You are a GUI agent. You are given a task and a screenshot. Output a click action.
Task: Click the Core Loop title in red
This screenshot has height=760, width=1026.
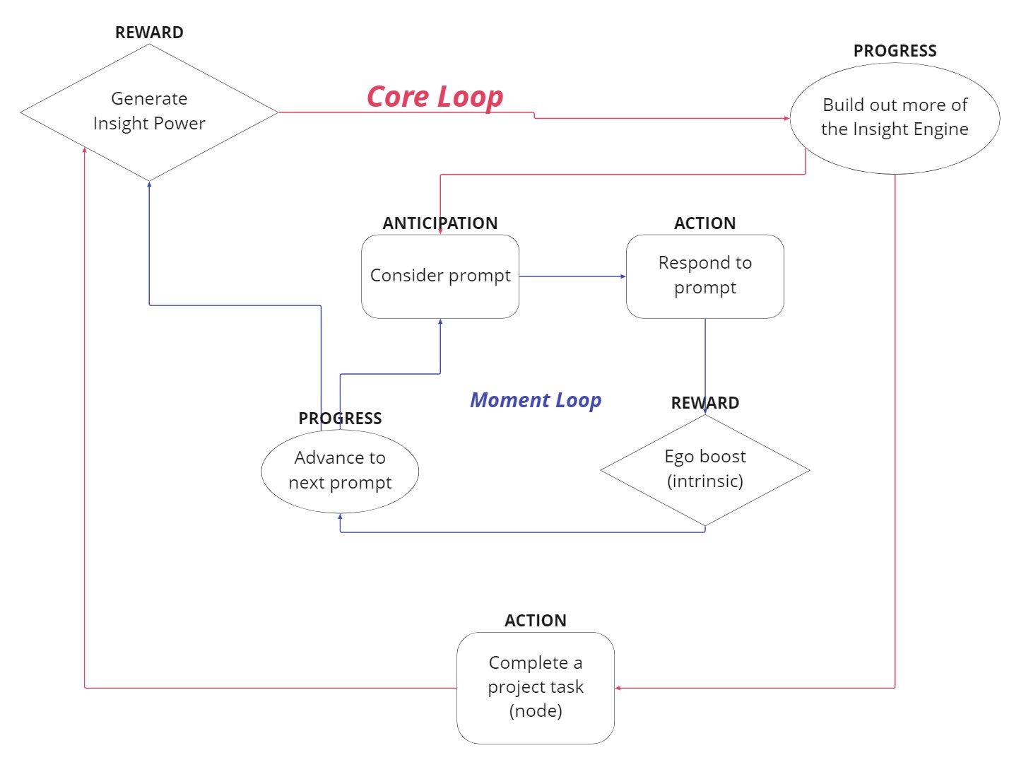click(435, 97)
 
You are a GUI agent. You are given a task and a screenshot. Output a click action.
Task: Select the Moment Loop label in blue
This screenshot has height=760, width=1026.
click(536, 400)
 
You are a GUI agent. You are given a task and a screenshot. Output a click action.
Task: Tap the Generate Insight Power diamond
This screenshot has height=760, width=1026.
click(149, 112)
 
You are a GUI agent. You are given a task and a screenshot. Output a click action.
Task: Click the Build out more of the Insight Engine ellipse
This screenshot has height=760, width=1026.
click(895, 117)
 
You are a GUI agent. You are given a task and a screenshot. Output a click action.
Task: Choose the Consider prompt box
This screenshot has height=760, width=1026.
click(440, 276)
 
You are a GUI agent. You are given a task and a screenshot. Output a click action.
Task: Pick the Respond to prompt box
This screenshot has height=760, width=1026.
click(704, 276)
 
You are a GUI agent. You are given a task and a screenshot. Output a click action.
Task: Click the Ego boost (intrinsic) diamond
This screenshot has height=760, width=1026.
click(704, 469)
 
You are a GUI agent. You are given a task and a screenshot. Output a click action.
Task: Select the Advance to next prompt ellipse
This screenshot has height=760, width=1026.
click(340, 470)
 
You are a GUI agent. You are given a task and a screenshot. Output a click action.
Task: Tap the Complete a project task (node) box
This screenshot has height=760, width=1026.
click(535, 687)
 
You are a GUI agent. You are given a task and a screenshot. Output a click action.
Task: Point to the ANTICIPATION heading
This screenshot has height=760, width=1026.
click(440, 223)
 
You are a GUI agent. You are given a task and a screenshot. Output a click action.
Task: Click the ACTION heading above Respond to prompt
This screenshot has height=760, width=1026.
click(704, 223)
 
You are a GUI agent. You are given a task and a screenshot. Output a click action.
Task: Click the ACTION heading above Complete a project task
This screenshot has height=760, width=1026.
click(535, 621)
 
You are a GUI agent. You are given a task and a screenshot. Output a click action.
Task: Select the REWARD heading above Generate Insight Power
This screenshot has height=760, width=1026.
click(149, 33)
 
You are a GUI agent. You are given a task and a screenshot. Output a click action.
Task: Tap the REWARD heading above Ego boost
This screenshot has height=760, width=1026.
click(704, 403)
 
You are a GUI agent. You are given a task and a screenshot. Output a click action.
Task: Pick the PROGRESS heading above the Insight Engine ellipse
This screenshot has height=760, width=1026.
click(895, 51)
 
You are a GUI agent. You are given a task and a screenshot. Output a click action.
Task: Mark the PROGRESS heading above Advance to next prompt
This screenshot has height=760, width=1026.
click(340, 419)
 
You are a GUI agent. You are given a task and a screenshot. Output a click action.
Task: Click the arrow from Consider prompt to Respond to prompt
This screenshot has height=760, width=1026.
click(572, 276)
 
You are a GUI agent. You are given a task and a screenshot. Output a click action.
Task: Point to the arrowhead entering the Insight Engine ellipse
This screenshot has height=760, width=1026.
click(786, 118)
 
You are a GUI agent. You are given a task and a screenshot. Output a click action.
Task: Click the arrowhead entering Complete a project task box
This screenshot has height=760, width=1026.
click(618, 688)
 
